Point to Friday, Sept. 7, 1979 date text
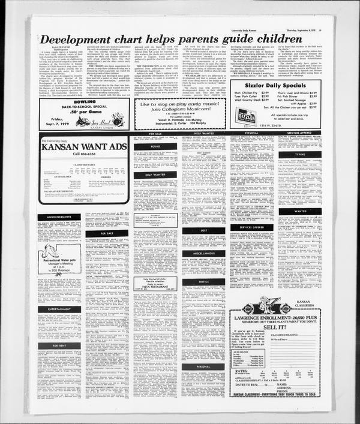(x=55, y=121)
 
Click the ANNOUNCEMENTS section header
(x=59, y=218)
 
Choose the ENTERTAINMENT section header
(x=59, y=309)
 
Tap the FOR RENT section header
(x=59, y=346)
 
